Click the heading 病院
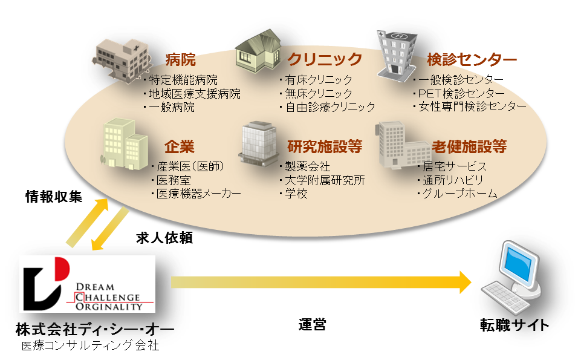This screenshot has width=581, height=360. pyautogui.click(x=180, y=59)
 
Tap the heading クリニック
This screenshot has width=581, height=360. pyautogui.click(x=324, y=59)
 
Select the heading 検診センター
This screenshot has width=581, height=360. pyautogui.click(x=472, y=59)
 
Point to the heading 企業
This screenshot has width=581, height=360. pyautogui.click(x=179, y=146)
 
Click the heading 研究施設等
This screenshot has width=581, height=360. pyautogui.click(x=325, y=146)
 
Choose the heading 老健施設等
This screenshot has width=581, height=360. pyautogui.click(x=469, y=146)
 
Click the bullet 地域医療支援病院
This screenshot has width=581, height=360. pyautogui.click(x=193, y=94)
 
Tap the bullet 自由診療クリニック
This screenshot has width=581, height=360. pyautogui.click(x=329, y=107)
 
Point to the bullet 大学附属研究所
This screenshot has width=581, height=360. pyautogui.click(x=325, y=180)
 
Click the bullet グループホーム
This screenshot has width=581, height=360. pyautogui.click(x=459, y=194)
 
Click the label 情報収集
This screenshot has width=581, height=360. pyautogui.click(x=53, y=197)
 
